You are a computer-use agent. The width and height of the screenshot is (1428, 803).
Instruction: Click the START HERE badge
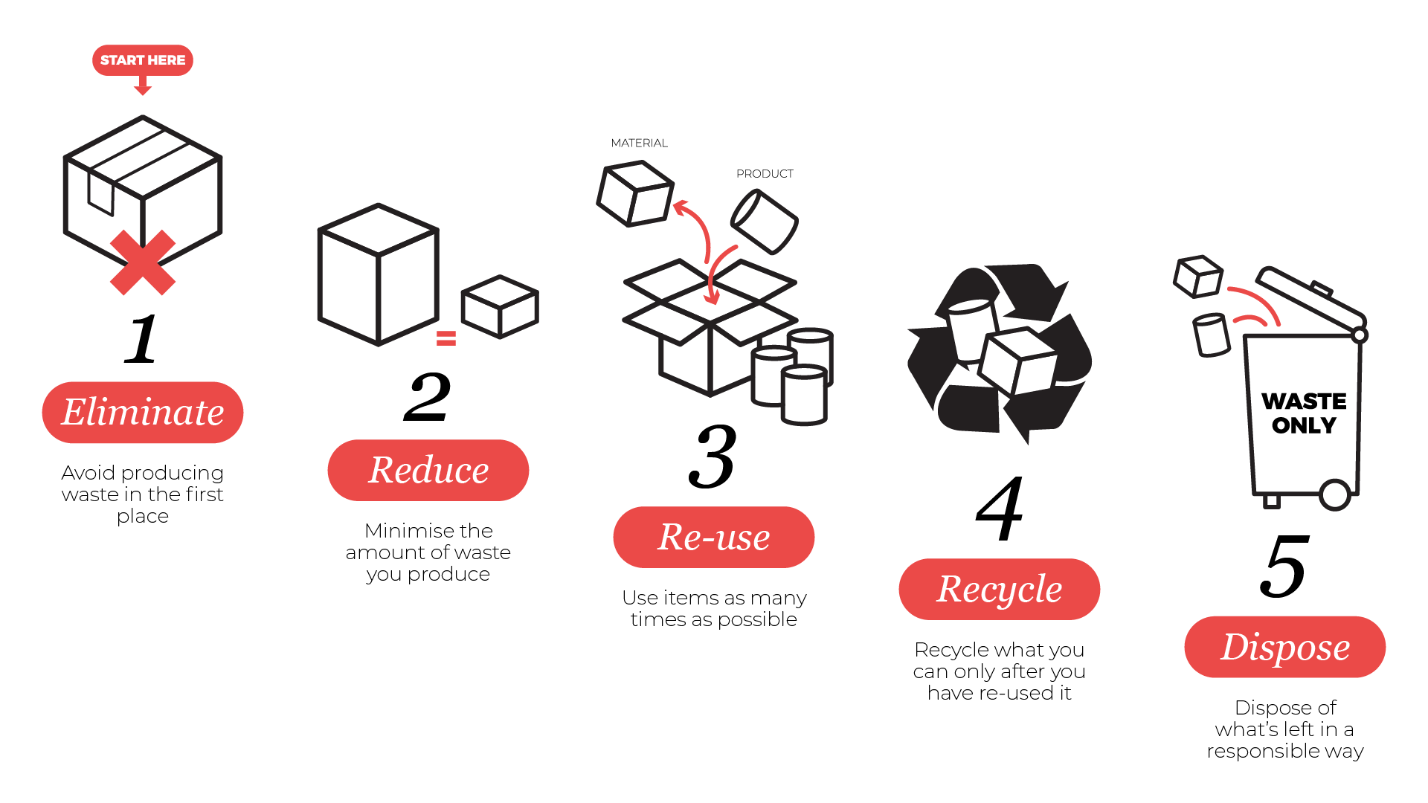click(x=143, y=60)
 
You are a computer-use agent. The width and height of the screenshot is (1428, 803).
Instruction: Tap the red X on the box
click(x=143, y=262)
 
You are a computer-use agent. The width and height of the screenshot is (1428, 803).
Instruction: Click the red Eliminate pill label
click(x=143, y=413)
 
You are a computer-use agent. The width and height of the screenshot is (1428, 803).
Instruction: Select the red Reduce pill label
click(x=428, y=471)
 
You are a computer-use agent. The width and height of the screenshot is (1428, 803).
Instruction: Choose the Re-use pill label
click(x=714, y=538)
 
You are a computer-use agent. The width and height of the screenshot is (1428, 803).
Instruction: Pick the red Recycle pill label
click(x=999, y=590)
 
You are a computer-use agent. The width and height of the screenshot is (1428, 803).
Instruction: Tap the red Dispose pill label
click(x=1284, y=647)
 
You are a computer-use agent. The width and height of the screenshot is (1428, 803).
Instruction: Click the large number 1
click(x=141, y=339)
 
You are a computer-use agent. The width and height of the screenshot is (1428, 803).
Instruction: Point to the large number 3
click(x=713, y=457)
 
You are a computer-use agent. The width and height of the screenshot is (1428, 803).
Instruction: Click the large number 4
click(x=1000, y=509)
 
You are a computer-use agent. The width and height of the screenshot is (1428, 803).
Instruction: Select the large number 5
click(x=1284, y=567)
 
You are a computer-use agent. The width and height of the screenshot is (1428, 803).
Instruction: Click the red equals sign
click(x=446, y=338)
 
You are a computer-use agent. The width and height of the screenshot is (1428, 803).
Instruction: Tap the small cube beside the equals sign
click(x=500, y=306)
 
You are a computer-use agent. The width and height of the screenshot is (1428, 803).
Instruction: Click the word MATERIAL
click(x=639, y=143)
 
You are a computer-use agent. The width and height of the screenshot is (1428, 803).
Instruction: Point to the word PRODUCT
click(x=765, y=174)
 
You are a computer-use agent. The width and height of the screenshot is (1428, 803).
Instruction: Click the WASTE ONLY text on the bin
click(x=1304, y=413)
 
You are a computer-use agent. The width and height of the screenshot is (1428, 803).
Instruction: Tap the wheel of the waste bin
click(x=1335, y=494)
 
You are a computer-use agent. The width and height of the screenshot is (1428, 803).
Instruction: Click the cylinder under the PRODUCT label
click(x=765, y=222)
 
